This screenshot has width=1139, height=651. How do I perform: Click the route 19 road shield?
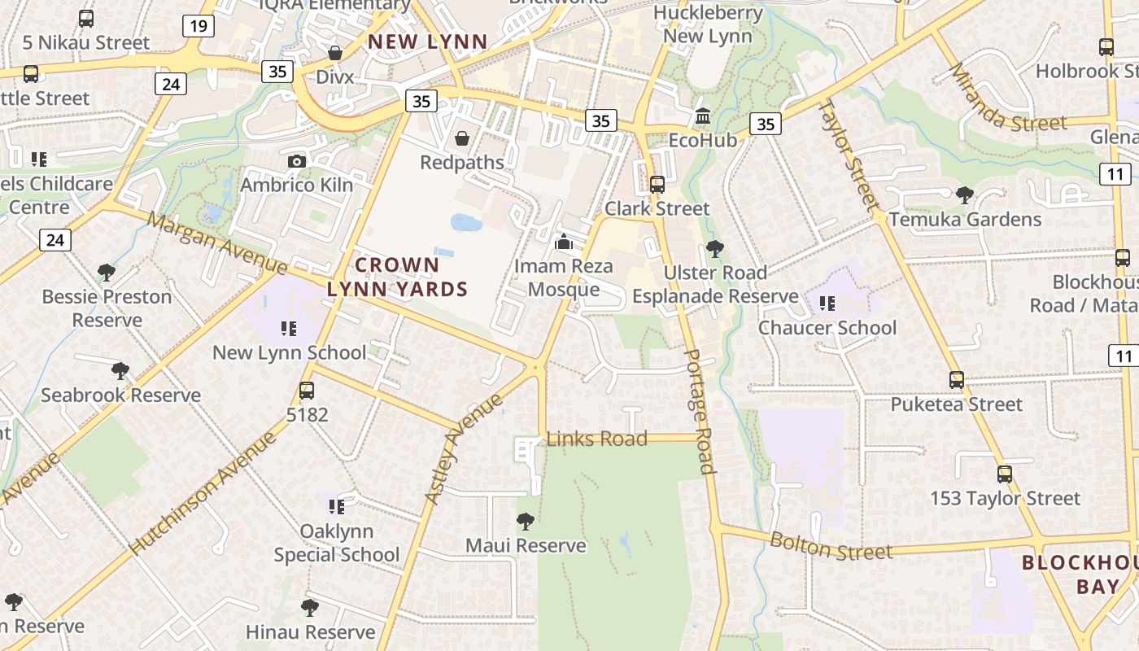tap(198, 26)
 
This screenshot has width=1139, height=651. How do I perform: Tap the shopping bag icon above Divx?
tap(334, 53)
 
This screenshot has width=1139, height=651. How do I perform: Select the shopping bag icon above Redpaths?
tap(462, 138)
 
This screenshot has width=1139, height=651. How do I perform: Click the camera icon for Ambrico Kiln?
tap(297, 161)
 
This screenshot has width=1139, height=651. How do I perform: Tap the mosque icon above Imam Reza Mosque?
tap(563, 242)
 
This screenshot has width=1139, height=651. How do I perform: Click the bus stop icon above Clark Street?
tap(657, 185)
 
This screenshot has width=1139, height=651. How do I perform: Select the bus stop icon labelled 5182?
tap(307, 391)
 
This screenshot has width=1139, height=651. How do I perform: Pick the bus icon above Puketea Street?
tap(957, 380)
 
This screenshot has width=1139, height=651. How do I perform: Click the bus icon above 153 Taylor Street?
tap(1005, 474)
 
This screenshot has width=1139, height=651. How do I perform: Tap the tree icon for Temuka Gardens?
tap(965, 195)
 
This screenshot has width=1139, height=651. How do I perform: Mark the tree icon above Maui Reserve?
tap(526, 521)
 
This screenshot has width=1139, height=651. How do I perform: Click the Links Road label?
tap(596, 439)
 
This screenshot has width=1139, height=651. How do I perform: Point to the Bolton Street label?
tap(831, 546)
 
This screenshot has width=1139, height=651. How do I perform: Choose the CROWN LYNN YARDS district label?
tap(397, 277)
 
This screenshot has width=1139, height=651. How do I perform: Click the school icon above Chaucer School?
tap(827, 304)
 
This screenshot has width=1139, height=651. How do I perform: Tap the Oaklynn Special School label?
tap(336, 543)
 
